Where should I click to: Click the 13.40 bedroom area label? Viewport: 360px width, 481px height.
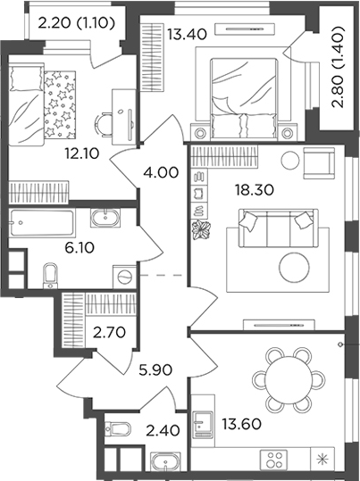pos(187,34)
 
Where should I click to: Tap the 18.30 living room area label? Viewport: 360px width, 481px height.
pos(254,190)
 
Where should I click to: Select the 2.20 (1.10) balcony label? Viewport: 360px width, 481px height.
pos(77,22)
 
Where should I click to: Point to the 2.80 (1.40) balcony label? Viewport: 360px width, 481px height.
pos(339,67)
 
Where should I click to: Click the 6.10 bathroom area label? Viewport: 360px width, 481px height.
pos(80,247)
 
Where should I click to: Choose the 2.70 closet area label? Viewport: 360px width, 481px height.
pos(109,332)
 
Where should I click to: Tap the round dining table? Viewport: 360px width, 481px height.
pos(289,380)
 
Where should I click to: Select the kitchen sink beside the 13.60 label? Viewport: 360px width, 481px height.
pos(203,425)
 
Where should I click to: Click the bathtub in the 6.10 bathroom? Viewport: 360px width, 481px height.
pos(42,223)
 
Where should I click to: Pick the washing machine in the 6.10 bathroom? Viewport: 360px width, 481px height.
pos(125,277)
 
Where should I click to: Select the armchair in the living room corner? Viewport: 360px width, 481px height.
pos(319,163)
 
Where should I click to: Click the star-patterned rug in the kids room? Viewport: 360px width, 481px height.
pos(60,104)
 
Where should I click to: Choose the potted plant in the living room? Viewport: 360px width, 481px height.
pos(201,229)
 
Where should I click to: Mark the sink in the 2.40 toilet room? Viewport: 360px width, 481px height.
pos(166,461)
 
